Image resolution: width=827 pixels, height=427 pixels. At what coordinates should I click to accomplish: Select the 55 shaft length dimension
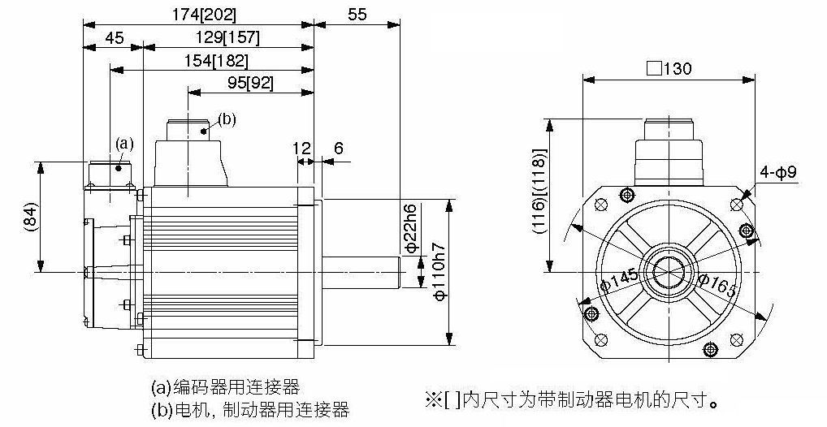[357, 15]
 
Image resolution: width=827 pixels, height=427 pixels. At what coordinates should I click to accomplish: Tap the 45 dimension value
[115, 37]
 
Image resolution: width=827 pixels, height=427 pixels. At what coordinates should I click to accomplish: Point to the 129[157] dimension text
[228, 37]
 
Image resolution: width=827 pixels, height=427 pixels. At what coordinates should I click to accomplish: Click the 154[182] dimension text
[216, 61]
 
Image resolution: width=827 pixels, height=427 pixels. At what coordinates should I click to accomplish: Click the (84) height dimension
[31, 217]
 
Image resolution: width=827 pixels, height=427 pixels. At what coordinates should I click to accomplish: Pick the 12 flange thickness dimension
[301, 148]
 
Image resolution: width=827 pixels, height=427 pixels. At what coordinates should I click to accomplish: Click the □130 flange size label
[669, 69]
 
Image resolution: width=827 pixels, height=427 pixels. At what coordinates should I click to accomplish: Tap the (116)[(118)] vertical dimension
[539, 190]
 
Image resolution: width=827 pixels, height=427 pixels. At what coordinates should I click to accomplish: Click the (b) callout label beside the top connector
[227, 119]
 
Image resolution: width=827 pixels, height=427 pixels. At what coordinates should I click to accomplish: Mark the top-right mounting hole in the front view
[737, 205]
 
